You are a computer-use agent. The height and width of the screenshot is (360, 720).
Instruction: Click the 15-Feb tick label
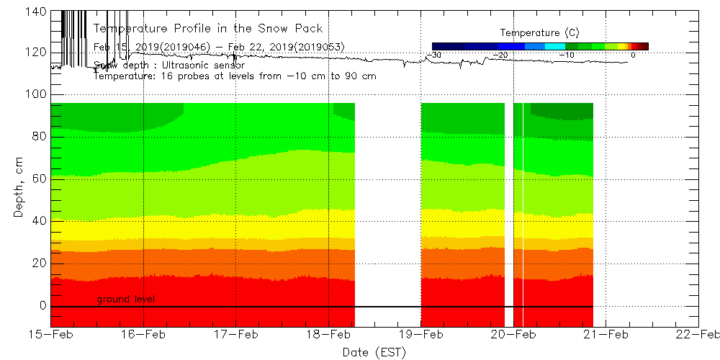51,334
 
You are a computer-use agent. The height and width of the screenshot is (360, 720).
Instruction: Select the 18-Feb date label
328,334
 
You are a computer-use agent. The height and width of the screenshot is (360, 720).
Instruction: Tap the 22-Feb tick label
698,334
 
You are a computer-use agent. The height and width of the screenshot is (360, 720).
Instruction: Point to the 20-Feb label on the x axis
513,334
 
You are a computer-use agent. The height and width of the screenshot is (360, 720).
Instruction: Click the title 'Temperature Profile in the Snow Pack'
208,29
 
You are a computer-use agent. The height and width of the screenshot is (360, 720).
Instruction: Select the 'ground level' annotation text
125,299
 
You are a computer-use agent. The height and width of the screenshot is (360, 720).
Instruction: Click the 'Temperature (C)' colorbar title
539,33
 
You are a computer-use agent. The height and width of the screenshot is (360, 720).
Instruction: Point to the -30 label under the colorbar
434,55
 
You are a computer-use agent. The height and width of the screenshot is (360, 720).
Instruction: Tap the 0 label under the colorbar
633,55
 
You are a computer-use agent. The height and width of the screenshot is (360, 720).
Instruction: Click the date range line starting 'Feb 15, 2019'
219,47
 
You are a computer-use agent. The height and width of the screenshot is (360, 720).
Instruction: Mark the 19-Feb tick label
421,334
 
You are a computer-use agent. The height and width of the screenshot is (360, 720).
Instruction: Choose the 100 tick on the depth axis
36,94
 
